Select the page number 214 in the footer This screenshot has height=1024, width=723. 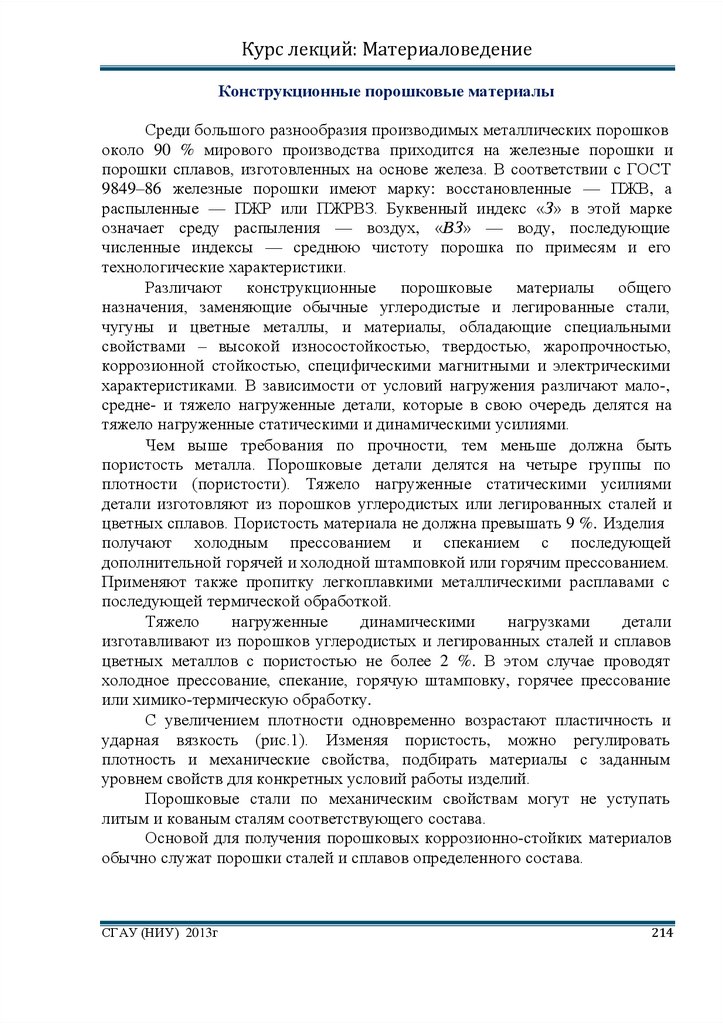coord(662,933)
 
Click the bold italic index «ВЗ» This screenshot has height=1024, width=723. coord(449,228)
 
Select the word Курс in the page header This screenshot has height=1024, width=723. coord(265,49)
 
